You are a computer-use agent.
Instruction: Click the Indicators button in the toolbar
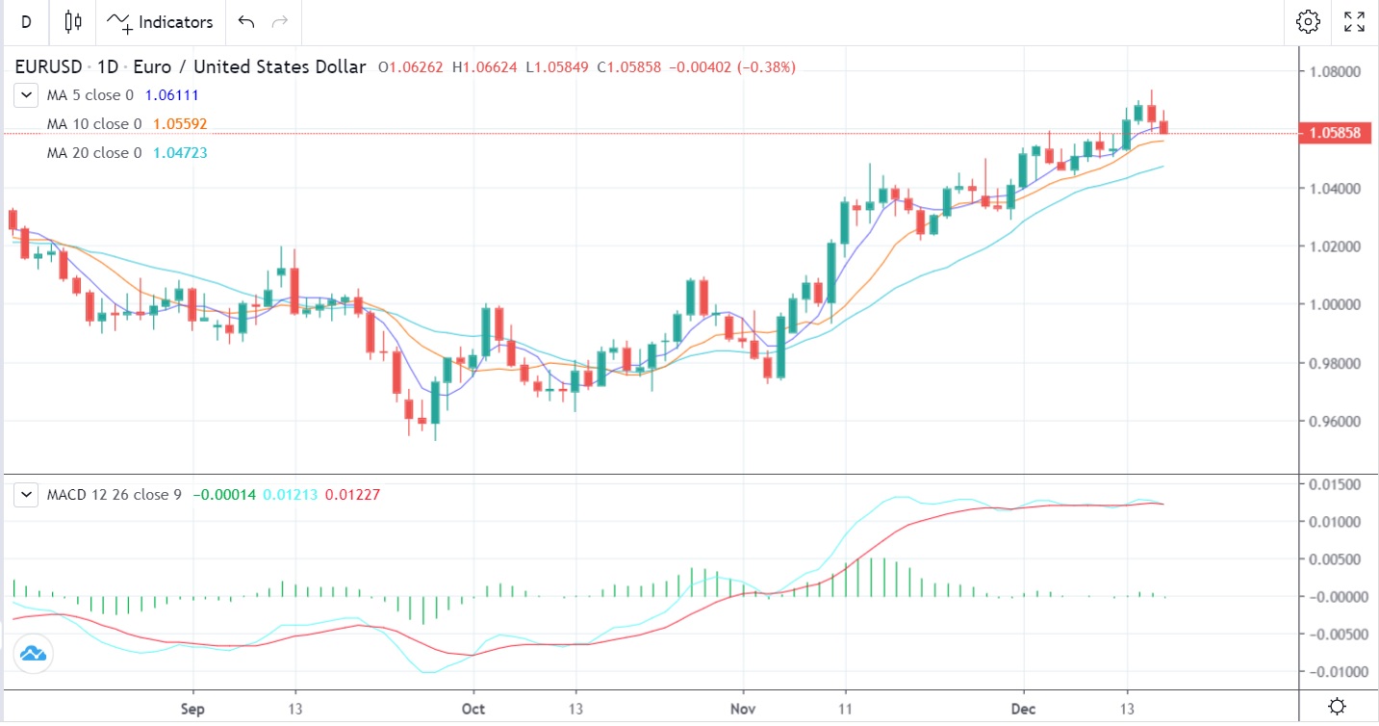point(160,21)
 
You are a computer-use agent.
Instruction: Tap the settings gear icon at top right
point(1307,21)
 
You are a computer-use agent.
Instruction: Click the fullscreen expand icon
point(1354,21)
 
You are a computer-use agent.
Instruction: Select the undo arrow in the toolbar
point(246,21)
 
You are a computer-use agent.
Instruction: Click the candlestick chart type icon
point(73,21)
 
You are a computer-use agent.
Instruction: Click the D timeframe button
point(26,21)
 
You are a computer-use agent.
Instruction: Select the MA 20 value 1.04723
point(180,153)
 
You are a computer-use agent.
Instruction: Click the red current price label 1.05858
point(1333,133)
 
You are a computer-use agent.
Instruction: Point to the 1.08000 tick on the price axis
point(1333,71)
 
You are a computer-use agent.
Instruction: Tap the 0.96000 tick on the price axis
point(1333,422)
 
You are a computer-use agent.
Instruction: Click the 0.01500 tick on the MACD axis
point(1333,483)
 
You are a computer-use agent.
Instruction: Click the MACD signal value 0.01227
point(352,495)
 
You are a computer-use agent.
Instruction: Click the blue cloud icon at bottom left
point(33,654)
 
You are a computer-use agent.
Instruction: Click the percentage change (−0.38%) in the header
point(766,67)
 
